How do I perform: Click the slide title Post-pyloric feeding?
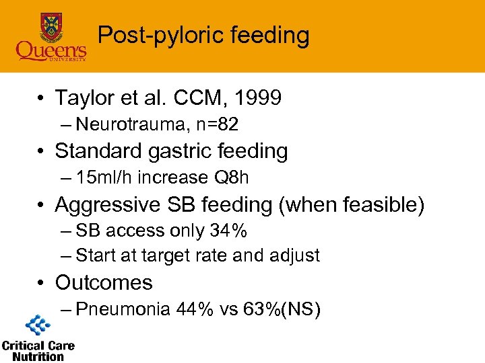(x=203, y=35)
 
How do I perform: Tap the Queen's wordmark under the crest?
(x=51, y=50)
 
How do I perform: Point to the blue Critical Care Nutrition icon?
(x=38, y=326)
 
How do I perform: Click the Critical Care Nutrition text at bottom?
(x=38, y=351)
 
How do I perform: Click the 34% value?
(x=228, y=231)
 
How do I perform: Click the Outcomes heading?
(x=104, y=282)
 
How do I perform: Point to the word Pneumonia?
(x=123, y=309)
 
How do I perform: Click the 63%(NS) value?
(x=279, y=309)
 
